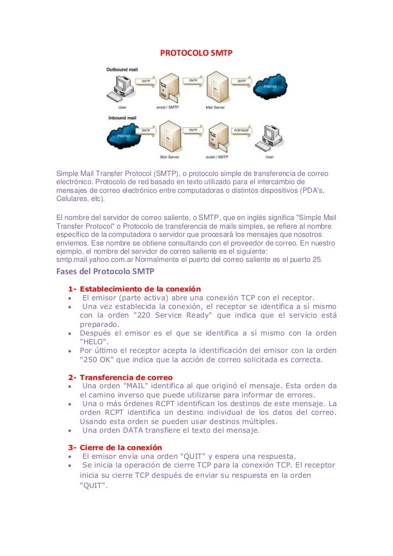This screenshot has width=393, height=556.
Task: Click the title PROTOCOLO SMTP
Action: [x=196, y=52]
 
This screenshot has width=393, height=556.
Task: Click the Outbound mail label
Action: [x=121, y=69]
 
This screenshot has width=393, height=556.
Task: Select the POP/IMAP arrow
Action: [x=241, y=131]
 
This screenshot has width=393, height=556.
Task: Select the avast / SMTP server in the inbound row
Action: [x=216, y=137]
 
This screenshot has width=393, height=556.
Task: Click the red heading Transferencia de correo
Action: [x=126, y=377]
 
